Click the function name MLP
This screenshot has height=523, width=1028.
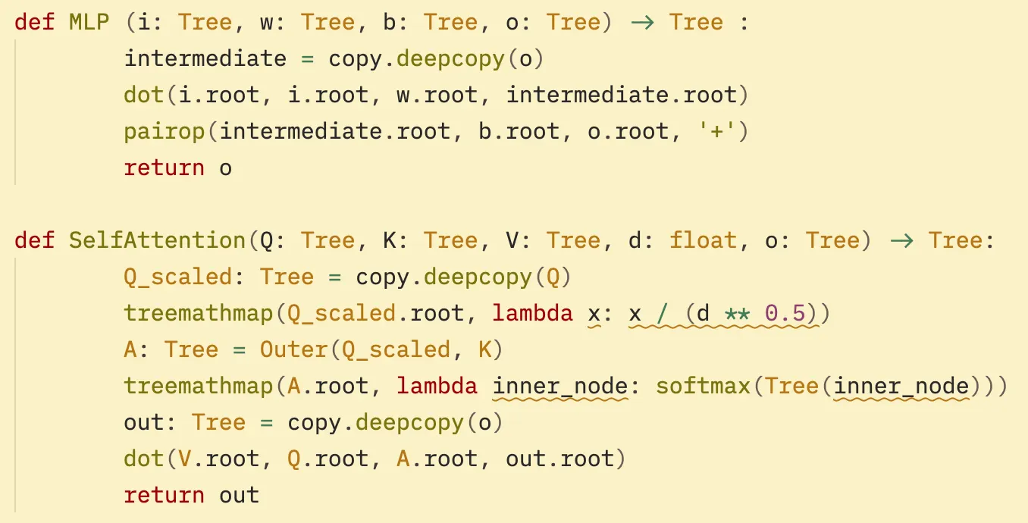pos(89,22)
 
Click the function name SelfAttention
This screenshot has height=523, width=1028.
pos(157,240)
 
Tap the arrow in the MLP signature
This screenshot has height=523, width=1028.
pos(643,22)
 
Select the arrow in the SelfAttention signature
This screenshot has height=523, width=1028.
pos(902,240)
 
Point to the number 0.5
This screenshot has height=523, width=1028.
pos(785,313)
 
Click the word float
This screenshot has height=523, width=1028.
pos(703,240)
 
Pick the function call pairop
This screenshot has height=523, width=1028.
pos(165,132)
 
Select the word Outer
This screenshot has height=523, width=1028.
pos(293,349)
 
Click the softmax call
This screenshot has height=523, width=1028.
pos(703,387)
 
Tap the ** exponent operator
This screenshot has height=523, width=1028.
pos(737,314)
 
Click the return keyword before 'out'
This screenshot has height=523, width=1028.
pos(165,496)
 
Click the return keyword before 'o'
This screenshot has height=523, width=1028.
pos(165,168)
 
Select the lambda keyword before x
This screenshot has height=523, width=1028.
pos(532,313)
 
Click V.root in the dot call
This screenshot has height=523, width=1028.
pos(218,459)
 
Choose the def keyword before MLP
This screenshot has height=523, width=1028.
pos(35,22)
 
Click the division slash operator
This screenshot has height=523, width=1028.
pos(662,313)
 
